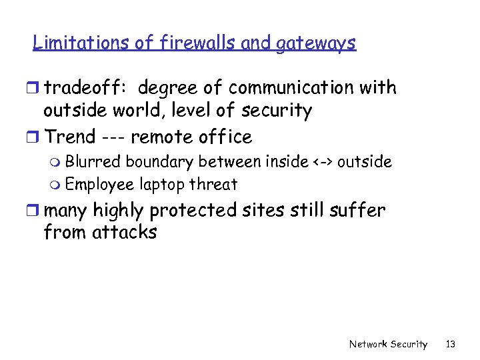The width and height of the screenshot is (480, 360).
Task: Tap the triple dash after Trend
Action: tap(113, 137)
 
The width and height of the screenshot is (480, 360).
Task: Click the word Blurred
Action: tap(93, 161)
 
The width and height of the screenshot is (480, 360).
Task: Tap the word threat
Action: tap(214, 184)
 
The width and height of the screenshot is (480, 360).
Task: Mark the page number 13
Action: tap(451, 345)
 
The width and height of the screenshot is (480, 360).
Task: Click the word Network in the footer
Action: tap(368, 345)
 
